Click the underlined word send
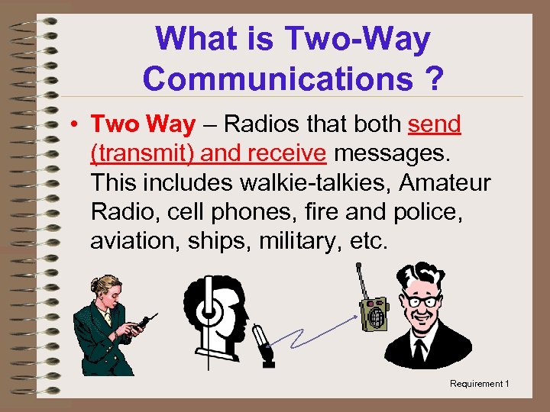pos(435,124)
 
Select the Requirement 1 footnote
pos(479,384)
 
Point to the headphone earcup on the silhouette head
pos(207,310)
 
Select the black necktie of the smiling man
pos(419,350)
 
